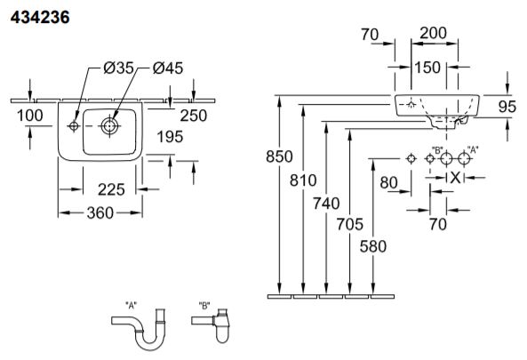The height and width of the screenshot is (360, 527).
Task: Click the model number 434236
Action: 40,17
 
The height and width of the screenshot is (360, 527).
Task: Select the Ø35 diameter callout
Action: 119,68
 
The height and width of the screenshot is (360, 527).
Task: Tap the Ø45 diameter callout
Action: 168,68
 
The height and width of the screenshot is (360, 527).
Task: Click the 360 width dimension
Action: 100,212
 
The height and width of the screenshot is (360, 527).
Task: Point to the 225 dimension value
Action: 111,189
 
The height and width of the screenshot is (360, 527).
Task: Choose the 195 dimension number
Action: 170,137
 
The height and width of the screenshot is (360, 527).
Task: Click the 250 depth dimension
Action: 194,116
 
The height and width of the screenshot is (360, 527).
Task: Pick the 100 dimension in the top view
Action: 30,116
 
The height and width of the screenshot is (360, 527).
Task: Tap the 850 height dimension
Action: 279,156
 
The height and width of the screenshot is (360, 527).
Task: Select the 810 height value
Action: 303,180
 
